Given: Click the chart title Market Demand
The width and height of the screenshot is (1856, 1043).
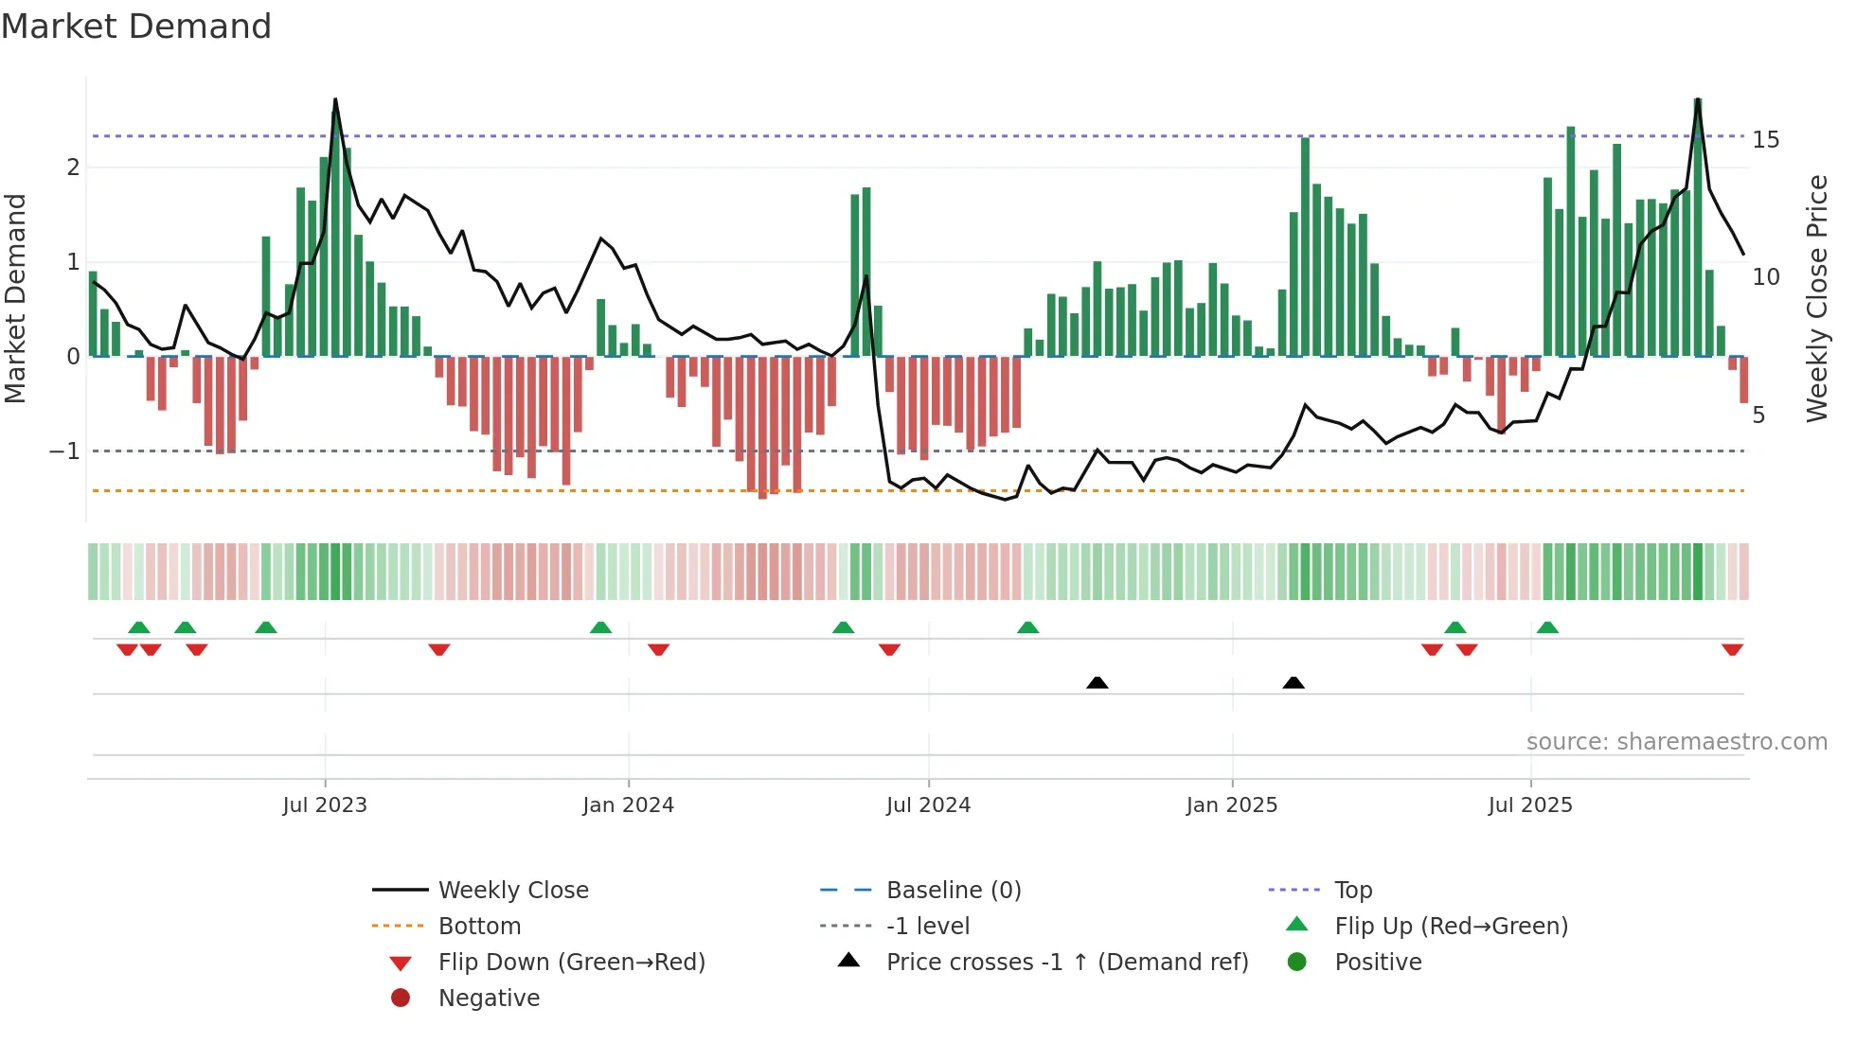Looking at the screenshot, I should click(136, 27).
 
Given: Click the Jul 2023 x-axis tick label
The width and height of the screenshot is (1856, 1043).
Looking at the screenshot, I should click(325, 805).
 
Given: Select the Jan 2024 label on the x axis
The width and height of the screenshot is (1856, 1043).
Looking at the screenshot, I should click(628, 805).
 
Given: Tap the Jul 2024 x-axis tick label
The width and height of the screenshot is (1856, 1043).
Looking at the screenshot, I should click(928, 805).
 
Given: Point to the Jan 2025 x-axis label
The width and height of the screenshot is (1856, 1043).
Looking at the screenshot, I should click(1231, 805).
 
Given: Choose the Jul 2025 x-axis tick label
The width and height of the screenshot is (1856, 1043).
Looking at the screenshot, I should click(1530, 805).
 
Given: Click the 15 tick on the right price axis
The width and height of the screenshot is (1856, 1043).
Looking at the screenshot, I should click(1765, 140).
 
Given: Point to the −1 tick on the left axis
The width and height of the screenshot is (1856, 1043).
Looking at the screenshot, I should click(65, 451).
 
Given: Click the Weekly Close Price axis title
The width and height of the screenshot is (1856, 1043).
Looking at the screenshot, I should click(1816, 298).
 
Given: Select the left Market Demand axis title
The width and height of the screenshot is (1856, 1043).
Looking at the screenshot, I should click(15, 298).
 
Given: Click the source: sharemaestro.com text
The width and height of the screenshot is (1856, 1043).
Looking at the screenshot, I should click(1676, 742).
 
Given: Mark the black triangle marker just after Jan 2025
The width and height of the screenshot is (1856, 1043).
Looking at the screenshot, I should click(1294, 682).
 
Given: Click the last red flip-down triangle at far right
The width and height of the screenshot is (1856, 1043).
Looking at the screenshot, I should click(1732, 649).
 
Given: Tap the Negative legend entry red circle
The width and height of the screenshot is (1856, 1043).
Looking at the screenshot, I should click(401, 999).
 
